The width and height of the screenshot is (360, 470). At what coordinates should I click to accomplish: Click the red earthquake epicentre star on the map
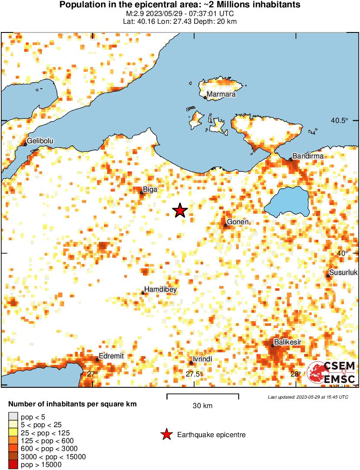pyautogui.click(x=180, y=211)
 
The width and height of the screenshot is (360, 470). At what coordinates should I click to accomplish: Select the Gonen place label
pyautogui.click(x=238, y=222)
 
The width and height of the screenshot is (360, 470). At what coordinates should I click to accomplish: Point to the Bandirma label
pyautogui.click(x=305, y=156)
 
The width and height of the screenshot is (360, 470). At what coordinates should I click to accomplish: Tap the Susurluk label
pyautogui.click(x=343, y=273)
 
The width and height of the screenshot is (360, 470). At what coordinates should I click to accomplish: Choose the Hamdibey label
pyautogui.click(x=160, y=290)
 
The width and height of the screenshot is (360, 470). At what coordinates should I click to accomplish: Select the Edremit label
pyautogui.click(x=111, y=356)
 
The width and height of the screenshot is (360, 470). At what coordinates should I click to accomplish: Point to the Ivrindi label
pyautogui.click(x=202, y=360)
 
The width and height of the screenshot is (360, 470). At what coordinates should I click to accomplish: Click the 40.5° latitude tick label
pyautogui.click(x=339, y=121)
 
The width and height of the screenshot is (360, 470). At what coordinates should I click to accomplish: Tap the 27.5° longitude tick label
pyautogui.click(x=194, y=374)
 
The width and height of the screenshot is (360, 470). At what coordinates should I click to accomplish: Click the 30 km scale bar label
pyautogui.click(x=202, y=406)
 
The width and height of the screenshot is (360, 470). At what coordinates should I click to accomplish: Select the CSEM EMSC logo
pyautogui.click(x=331, y=373)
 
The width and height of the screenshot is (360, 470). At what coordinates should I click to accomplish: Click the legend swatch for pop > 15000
pyautogui.click(x=13, y=465)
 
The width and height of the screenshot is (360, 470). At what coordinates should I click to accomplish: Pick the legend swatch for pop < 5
pyautogui.click(x=13, y=416)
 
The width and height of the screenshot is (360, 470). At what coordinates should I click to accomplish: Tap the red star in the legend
pyautogui.click(x=166, y=435)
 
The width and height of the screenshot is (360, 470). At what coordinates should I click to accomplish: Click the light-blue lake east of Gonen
pyautogui.click(x=287, y=202)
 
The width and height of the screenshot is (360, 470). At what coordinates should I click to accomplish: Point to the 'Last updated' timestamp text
pyautogui.click(x=308, y=397)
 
